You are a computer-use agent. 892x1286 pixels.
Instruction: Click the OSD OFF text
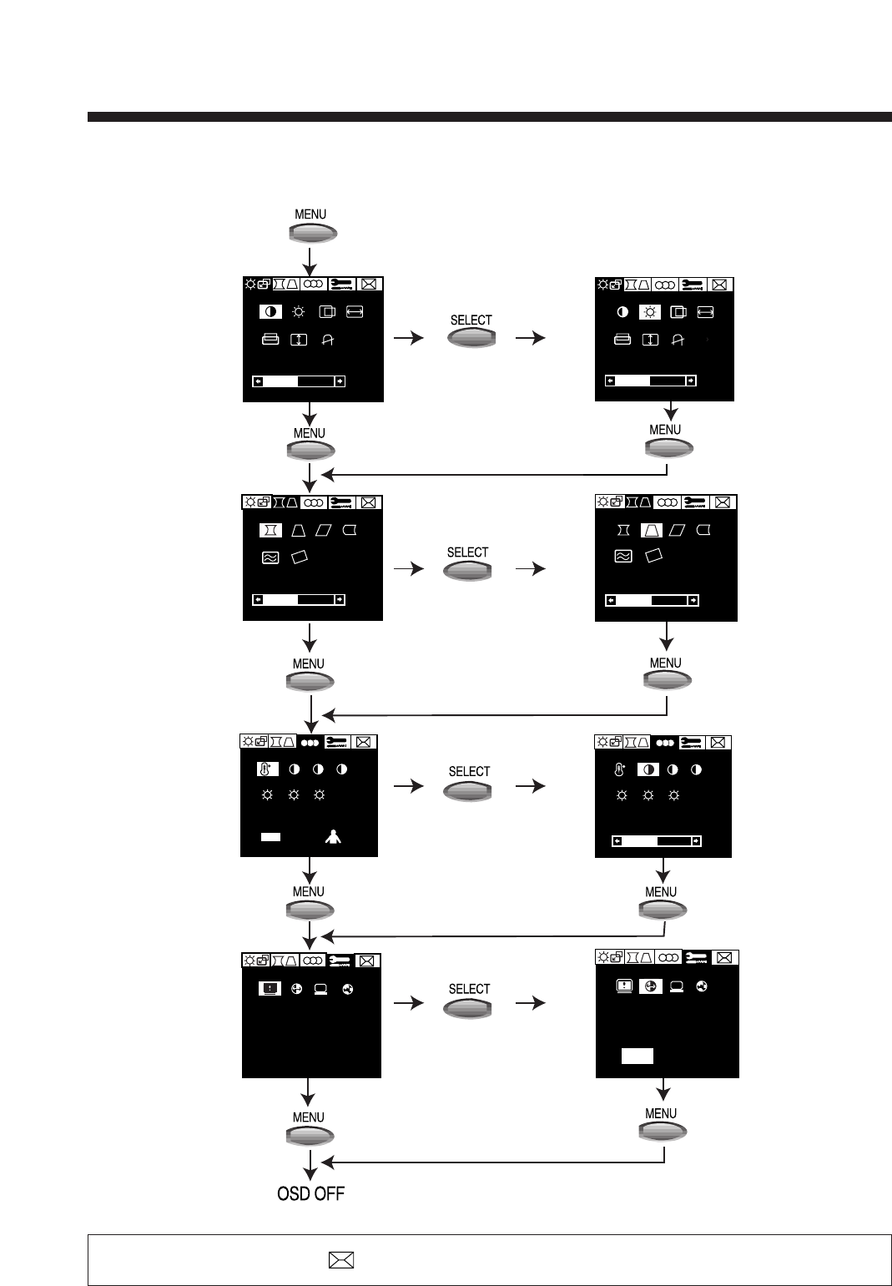point(310,1193)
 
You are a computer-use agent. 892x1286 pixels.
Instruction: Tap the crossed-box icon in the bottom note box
point(341,1260)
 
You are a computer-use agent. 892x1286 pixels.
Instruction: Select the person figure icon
point(333,837)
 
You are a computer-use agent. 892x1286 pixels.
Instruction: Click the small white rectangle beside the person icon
point(270,836)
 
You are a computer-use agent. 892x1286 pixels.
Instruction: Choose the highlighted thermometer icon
point(267,769)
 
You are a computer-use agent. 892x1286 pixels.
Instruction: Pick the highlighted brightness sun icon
point(650,312)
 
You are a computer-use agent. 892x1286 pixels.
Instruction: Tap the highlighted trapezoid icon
point(651,530)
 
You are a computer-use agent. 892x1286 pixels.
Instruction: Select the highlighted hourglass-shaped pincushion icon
point(270,530)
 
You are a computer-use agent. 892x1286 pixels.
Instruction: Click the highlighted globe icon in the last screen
point(651,986)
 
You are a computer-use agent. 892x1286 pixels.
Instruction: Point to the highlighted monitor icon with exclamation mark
point(269,988)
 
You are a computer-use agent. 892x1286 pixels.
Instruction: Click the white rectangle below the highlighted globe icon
point(637,1056)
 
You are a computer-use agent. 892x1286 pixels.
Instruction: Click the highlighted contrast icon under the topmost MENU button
point(270,312)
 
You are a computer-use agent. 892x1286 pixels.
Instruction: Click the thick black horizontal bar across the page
point(489,117)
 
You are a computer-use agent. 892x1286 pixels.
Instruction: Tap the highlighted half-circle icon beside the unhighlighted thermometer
point(648,769)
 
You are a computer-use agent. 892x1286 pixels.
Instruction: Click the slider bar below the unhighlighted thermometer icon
point(656,841)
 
